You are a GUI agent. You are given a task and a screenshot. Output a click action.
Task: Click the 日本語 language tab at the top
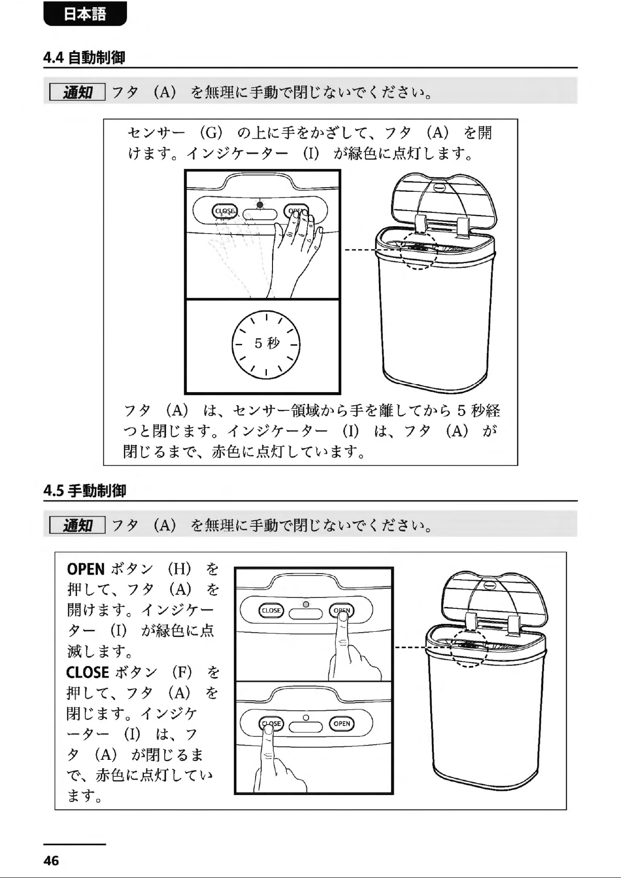[85, 14]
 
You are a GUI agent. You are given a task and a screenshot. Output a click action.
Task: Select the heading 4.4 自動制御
[84, 58]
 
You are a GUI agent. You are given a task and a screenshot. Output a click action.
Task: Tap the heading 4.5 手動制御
[85, 491]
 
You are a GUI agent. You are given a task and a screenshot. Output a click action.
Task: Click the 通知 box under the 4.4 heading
[77, 92]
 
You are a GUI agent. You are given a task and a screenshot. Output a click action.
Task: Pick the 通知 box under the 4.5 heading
[77, 525]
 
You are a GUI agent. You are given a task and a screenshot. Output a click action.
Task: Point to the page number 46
[51, 861]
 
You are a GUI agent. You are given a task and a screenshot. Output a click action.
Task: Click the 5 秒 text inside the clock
[267, 343]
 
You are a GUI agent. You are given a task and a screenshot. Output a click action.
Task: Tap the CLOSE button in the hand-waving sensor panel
[225, 212]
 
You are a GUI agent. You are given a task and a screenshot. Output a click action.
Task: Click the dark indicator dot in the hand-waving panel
[260, 204]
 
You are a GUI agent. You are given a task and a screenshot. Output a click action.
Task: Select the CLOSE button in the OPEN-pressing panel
[271, 610]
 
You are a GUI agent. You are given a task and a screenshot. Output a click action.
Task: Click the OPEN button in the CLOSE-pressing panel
[342, 724]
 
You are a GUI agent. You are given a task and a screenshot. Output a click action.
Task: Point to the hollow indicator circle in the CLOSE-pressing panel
[306, 718]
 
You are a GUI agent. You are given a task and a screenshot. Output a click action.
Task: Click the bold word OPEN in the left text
[86, 569]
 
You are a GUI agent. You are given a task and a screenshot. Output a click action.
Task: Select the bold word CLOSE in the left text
[88, 673]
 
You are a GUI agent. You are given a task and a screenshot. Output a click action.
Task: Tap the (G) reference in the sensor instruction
[211, 133]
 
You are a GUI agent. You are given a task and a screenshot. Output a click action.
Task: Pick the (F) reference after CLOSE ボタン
[182, 673]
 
